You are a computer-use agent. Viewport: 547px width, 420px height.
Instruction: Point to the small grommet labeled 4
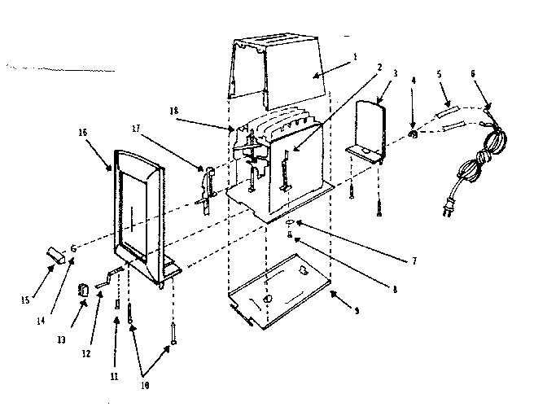click(x=413, y=133)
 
